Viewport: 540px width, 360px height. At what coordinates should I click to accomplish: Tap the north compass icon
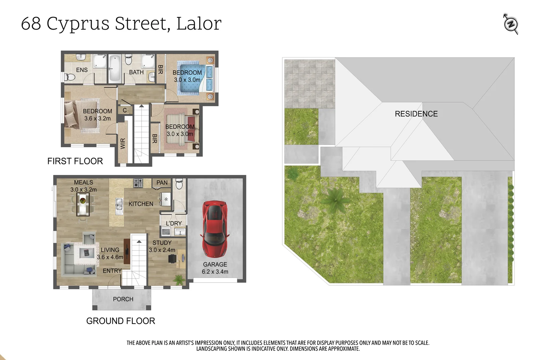coord(511,24)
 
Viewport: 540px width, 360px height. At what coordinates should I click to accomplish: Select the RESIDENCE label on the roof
coord(416,114)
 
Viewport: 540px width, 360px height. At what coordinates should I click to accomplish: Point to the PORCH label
coord(123,299)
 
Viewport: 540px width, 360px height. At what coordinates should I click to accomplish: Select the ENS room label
coord(82,70)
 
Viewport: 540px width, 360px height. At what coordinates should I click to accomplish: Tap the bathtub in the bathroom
coord(115,68)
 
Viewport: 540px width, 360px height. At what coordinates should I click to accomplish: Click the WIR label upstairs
coord(123,143)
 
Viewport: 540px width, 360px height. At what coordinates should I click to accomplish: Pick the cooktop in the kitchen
coord(138,183)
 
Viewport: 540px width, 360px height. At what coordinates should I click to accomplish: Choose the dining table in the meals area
coord(82,204)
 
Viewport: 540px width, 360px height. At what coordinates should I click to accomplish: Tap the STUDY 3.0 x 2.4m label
coord(162,246)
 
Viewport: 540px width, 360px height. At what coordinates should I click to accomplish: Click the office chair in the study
coord(172,259)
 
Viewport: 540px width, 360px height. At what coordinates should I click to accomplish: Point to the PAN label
coord(162,183)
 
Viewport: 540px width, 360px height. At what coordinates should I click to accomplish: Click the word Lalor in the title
coord(199,24)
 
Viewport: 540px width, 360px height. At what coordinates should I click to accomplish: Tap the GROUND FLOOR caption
coord(121,321)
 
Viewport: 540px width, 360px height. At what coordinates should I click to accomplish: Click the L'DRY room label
coord(174,223)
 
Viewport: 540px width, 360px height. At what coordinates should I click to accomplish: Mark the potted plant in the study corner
coord(179,279)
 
